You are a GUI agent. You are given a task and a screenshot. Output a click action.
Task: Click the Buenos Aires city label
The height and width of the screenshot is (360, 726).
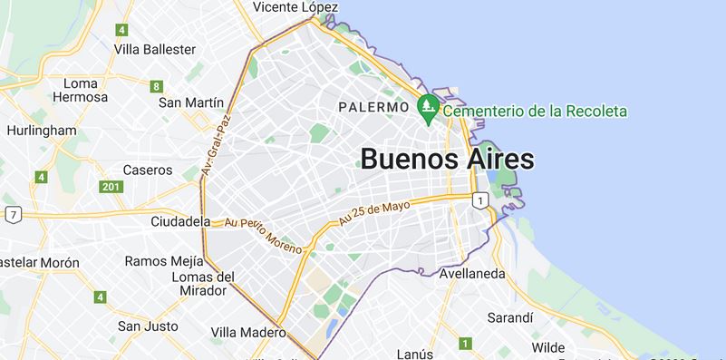[x=447, y=159]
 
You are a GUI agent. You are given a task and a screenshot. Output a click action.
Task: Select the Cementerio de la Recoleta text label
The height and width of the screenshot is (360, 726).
[x=535, y=111]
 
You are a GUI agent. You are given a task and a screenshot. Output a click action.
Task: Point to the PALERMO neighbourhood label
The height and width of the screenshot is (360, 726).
[x=373, y=107]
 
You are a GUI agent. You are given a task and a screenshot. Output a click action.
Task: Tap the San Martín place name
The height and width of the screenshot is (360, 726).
[x=191, y=102]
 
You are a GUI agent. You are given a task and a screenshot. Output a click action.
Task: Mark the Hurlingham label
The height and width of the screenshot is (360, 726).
[x=42, y=130]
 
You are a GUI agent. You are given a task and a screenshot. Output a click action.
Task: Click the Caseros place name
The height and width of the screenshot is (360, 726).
[x=147, y=170]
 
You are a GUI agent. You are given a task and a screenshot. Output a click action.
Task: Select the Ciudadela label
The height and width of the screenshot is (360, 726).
[x=180, y=220]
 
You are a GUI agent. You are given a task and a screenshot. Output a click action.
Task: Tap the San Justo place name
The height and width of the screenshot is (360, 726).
[x=147, y=325]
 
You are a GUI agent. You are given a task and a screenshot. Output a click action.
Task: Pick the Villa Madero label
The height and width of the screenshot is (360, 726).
[x=248, y=332]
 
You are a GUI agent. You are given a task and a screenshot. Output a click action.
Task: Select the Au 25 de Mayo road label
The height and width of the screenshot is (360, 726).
[x=374, y=211]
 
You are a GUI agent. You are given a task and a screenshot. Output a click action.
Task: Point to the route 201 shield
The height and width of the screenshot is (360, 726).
[x=111, y=187]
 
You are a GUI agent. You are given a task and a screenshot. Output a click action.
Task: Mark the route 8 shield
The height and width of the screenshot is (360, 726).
[x=157, y=87]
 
